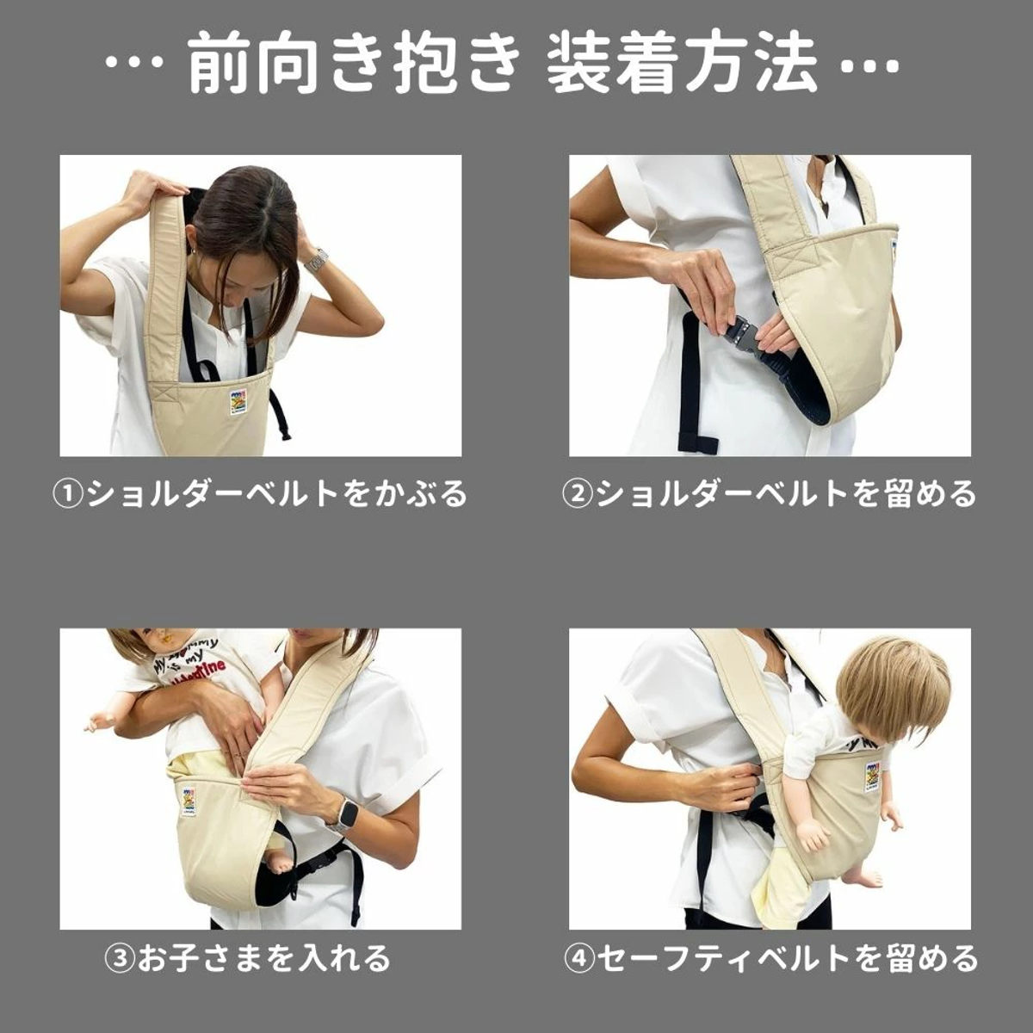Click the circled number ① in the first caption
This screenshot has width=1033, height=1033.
66,494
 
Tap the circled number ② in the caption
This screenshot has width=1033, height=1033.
576,494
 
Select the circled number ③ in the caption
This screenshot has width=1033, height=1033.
118,958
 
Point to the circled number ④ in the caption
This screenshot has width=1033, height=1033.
578,958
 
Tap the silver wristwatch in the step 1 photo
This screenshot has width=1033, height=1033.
318,259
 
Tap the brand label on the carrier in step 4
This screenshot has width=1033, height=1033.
872,776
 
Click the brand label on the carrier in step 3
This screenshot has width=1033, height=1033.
189,800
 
